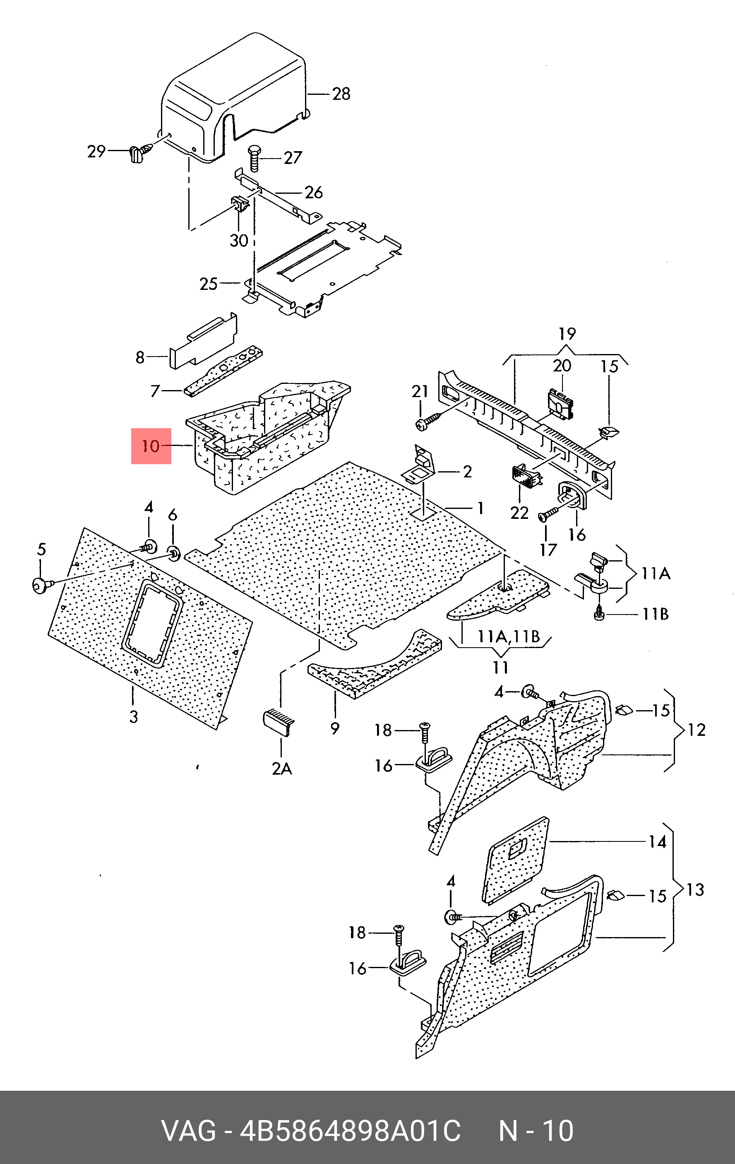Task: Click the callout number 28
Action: tap(341, 93)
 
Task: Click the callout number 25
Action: tap(209, 283)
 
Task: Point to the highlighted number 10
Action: tap(151, 446)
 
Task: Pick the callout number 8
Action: tap(140, 357)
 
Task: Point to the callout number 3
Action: tap(133, 716)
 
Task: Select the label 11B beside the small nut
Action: tap(655, 614)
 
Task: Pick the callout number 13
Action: tap(695, 889)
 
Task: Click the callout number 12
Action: tap(697, 730)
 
